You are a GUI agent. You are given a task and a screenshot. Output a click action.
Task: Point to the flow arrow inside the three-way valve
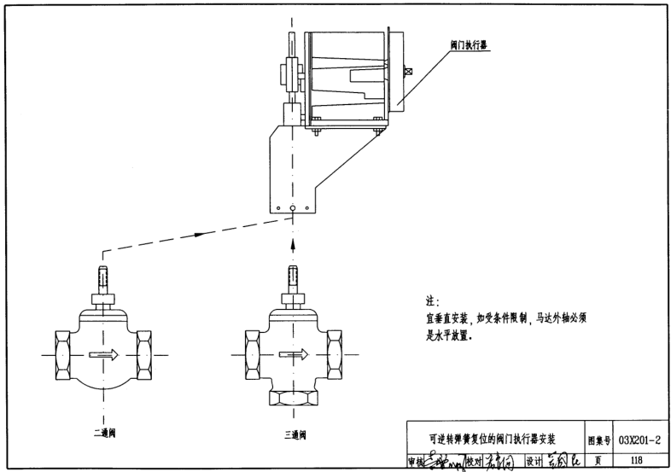[293, 353]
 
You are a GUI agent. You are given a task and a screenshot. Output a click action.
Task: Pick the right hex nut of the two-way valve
[143, 353]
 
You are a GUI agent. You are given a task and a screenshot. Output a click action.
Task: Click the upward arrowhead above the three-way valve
[293, 243]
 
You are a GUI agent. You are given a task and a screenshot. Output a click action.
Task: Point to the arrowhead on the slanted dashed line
[197, 231]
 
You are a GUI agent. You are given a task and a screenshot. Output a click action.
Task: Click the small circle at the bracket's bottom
[293, 208]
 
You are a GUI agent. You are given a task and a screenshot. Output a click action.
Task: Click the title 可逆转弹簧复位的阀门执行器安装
[493, 440]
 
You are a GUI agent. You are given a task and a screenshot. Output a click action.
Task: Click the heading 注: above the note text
[431, 302]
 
